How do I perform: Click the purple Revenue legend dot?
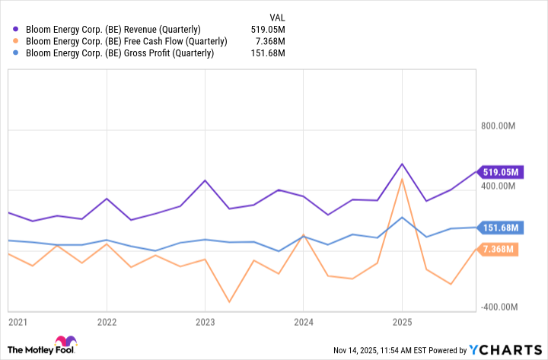[x=17, y=29]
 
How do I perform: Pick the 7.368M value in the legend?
[x=270, y=41]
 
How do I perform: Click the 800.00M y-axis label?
[x=501, y=126]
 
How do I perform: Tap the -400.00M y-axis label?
[x=500, y=307]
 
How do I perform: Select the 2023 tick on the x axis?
[x=205, y=323]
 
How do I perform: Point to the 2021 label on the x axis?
[x=18, y=323]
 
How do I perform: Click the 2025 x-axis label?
[x=402, y=323]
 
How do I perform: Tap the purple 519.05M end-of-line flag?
[x=499, y=171]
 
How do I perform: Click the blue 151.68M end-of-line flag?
[x=499, y=227]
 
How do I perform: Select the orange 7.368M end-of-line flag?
[x=500, y=249]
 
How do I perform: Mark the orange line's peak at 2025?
[x=402, y=179]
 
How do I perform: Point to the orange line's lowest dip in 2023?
[x=229, y=302]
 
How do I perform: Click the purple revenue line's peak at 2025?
[x=402, y=164]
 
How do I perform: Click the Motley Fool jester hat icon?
[x=65, y=342]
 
